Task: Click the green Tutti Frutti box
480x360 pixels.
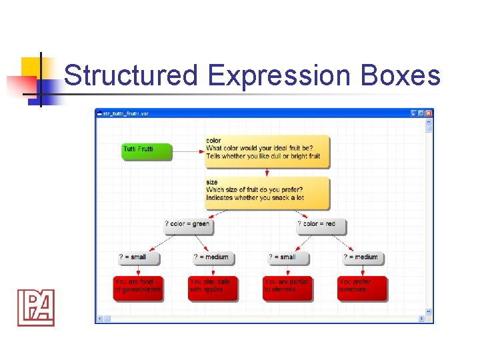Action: click(146, 151)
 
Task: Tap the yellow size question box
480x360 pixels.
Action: click(267, 192)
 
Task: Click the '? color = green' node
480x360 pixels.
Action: click(189, 225)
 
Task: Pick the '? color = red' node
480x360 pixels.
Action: click(321, 225)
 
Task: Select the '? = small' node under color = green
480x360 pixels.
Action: click(139, 257)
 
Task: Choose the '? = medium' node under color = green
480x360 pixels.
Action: click(213, 257)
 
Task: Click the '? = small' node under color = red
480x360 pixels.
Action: click(289, 257)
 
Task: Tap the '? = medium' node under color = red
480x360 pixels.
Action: click(363, 257)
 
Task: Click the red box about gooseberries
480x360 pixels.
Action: click(138, 287)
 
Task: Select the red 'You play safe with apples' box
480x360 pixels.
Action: click(213, 287)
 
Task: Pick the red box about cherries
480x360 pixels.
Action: click(287, 287)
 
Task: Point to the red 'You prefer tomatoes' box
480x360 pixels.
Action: click(362, 287)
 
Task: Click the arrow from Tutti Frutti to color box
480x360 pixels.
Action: click(189, 151)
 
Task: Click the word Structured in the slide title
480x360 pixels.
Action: click(131, 76)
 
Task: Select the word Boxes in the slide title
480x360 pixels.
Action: click(401, 76)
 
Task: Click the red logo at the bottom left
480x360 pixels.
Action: click(35, 307)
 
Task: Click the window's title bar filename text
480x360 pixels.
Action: click(126, 113)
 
